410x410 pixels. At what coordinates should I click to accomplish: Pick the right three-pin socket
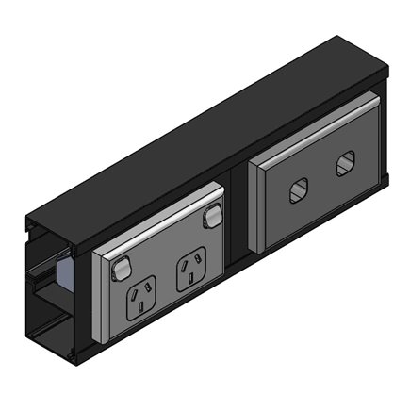191,266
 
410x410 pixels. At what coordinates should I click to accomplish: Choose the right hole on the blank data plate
343,166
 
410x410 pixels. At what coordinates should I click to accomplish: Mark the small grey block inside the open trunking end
64,274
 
